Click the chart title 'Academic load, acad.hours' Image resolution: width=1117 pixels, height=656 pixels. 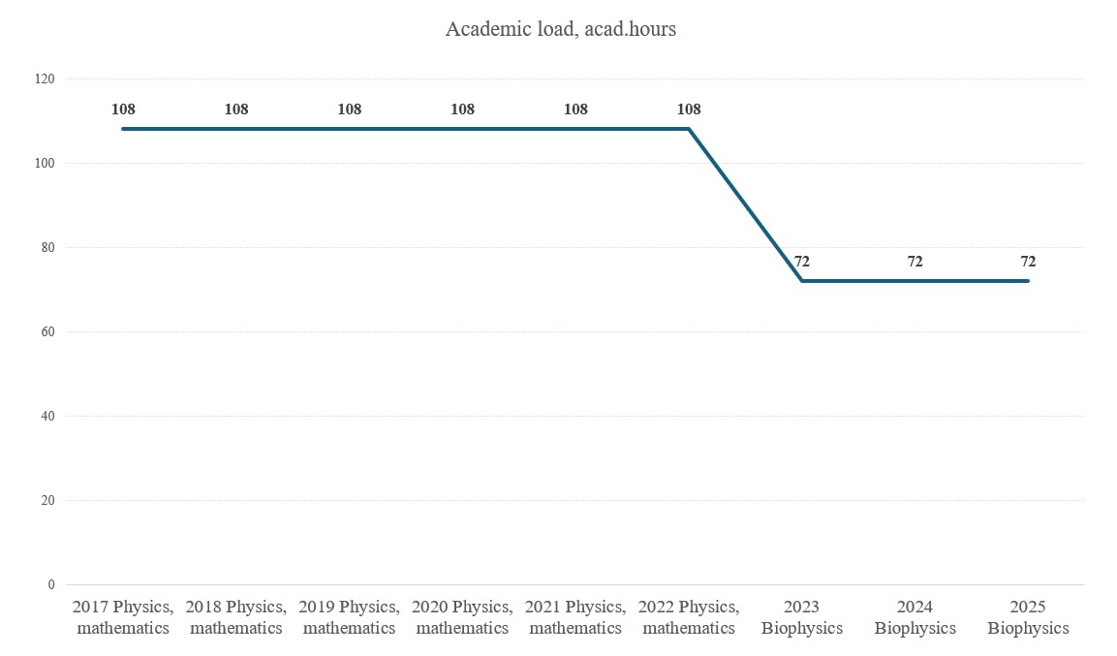[x=560, y=29]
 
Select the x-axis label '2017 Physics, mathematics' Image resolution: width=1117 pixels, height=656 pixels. [x=123, y=617]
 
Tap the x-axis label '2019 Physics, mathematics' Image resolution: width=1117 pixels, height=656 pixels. [x=349, y=617]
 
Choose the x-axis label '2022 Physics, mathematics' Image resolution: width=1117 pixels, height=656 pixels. [x=689, y=617]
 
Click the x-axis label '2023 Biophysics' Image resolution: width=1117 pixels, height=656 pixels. [x=802, y=617]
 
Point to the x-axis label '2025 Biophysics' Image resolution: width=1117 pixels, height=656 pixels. [x=1028, y=617]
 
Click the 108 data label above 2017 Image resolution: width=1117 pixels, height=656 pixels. [x=123, y=109]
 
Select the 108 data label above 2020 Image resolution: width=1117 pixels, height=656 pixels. [x=462, y=109]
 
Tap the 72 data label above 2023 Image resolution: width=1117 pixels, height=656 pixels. [x=802, y=262]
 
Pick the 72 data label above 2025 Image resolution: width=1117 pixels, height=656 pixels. [x=1028, y=262]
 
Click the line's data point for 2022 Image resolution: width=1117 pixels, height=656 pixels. [x=689, y=129]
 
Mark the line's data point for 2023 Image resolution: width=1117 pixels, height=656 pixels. [x=802, y=281]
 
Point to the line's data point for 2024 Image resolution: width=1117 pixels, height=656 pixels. [x=915, y=281]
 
